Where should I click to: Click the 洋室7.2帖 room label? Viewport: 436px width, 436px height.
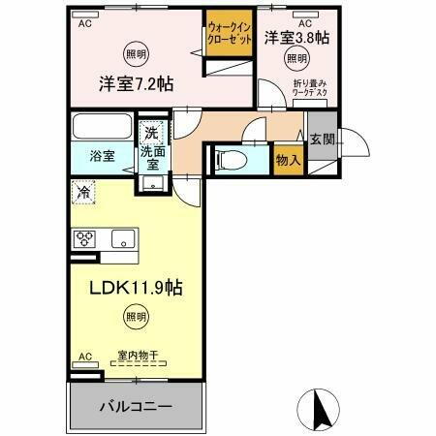pyautogui.click(x=135, y=84)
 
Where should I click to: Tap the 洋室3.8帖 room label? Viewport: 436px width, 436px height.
pyautogui.click(x=296, y=39)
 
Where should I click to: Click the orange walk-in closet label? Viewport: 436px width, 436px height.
pyautogui.click(x=229, y=35)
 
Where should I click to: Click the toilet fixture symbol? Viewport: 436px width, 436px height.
pyautogui.click(x=230, y=159)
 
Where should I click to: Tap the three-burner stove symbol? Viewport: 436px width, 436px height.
pyautogui.click(x=84, y=239)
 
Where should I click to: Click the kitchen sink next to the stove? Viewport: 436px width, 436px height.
pyautogui.click(x=123, y=238)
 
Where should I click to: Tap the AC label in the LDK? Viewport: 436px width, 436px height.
pyautogui.click(x=83, y=356)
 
